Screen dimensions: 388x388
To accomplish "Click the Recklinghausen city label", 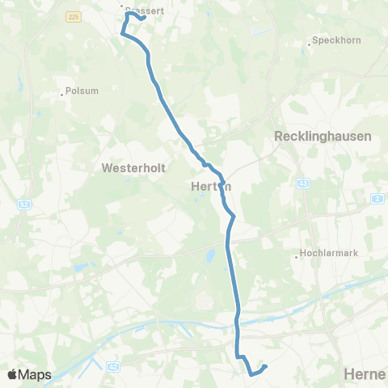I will pos(323,137).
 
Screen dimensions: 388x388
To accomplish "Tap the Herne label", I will pos(364,374).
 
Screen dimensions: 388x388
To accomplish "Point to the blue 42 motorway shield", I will pos(112,366).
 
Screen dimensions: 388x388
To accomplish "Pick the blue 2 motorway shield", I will pos(377,198).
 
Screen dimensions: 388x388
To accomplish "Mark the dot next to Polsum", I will pos(61,94).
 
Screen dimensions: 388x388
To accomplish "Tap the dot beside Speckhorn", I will pos(309,44).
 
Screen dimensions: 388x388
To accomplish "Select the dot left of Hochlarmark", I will pos(296,258).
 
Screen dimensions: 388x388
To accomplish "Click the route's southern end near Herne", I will pos(264,367).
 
